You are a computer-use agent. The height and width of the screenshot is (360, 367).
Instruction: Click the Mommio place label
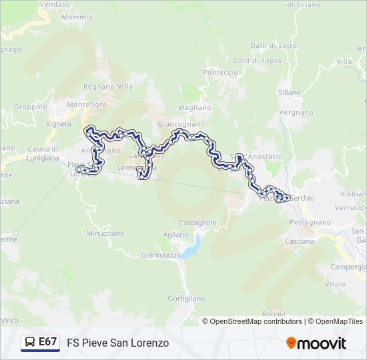[77, 17]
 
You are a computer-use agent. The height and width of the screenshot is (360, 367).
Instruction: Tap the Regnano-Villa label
[108, 86]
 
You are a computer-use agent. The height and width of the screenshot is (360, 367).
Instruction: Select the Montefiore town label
[87, 105]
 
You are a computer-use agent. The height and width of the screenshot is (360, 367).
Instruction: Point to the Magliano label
[195, 107]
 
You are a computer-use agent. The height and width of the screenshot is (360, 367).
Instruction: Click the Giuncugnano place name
[181, 124]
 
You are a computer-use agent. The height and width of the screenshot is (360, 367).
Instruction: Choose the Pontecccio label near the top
[220, 72]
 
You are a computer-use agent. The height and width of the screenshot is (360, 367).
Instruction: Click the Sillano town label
[290, 93]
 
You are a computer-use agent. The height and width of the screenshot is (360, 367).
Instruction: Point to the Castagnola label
[198, 222]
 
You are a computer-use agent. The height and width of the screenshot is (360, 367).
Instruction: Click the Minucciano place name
[105, 233]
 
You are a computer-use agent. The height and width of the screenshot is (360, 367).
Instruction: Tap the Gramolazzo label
[162, 255]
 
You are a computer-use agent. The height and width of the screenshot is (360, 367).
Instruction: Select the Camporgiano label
[349, 267]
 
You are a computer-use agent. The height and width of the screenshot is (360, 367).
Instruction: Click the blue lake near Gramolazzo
[191, 249]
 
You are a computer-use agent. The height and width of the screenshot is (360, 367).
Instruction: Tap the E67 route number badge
[47, 342]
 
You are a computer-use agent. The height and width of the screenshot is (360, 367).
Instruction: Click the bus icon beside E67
[30, 342]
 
